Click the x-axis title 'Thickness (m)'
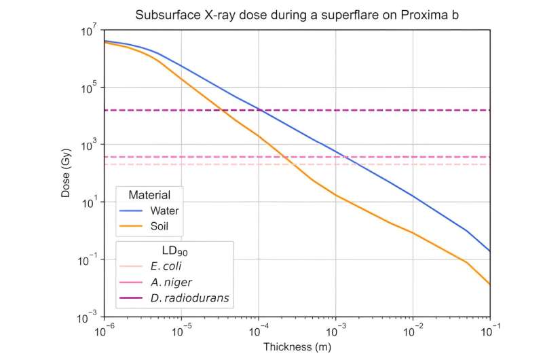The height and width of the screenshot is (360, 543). tap(297, 346)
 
